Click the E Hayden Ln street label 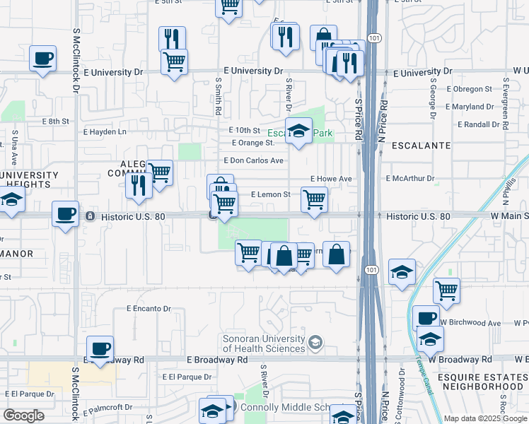(x=105, y=131)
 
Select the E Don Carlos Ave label (x=253, y=160)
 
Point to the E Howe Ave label (x=331, y=179)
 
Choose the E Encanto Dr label (x=149, y=309)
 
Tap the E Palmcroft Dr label (x=108, y=407)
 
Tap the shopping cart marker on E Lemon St (x=313, y=199)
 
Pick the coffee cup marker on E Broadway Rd (x=100, y=348)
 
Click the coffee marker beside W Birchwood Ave (x=426, y=317)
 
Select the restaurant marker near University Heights (x=138, y=184)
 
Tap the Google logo (x=24, y=415)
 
